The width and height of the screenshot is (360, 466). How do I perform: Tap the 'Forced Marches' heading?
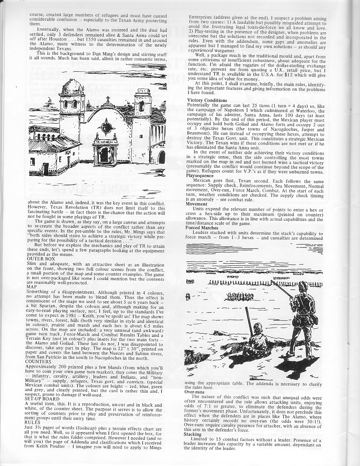(x=202, y=228)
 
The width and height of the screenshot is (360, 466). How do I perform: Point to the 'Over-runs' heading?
(x=194, y=392)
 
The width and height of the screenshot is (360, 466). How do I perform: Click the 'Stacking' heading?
(x=193, y=435)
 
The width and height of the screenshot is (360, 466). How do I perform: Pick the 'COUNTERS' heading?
(x=40, y=362)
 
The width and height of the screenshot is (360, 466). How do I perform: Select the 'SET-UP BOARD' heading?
(x=43, y=399)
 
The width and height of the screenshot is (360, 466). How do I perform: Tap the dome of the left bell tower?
(x=72, y=87)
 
